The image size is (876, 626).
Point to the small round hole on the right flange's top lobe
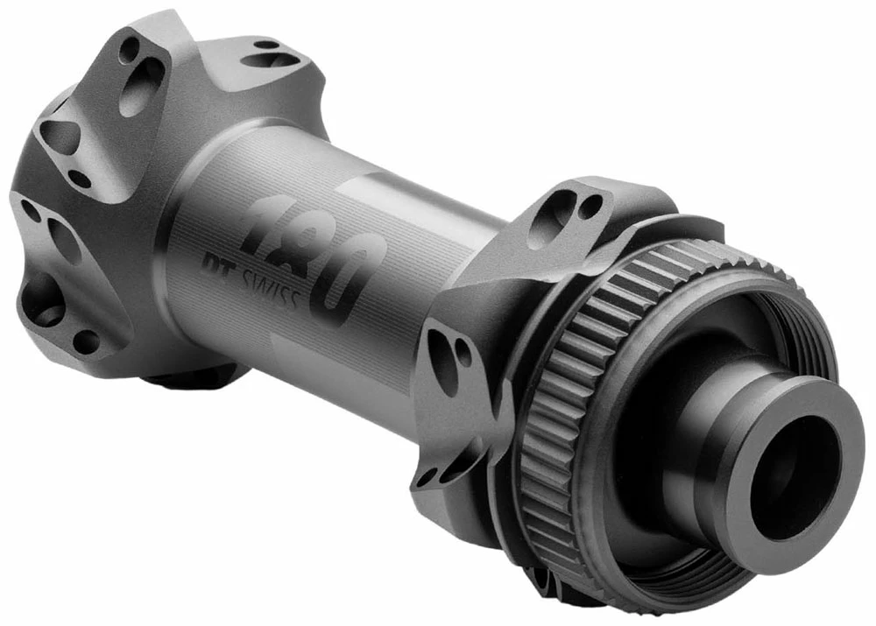[x=592, y=207]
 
